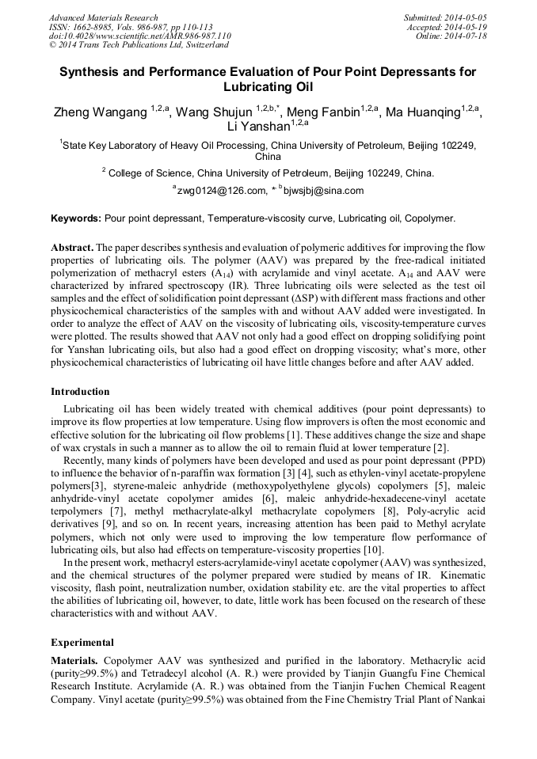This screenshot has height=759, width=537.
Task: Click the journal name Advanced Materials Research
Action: (104, 17)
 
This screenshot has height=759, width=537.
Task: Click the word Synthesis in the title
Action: (93, 72)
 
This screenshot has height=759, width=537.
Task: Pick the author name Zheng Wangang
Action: (100, 113)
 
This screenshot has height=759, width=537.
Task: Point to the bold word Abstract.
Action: (73, 248)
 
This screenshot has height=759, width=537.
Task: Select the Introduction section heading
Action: (80, 392)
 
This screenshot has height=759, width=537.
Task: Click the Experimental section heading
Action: (82, 643)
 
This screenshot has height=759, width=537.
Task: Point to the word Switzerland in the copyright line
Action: (204, 46)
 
